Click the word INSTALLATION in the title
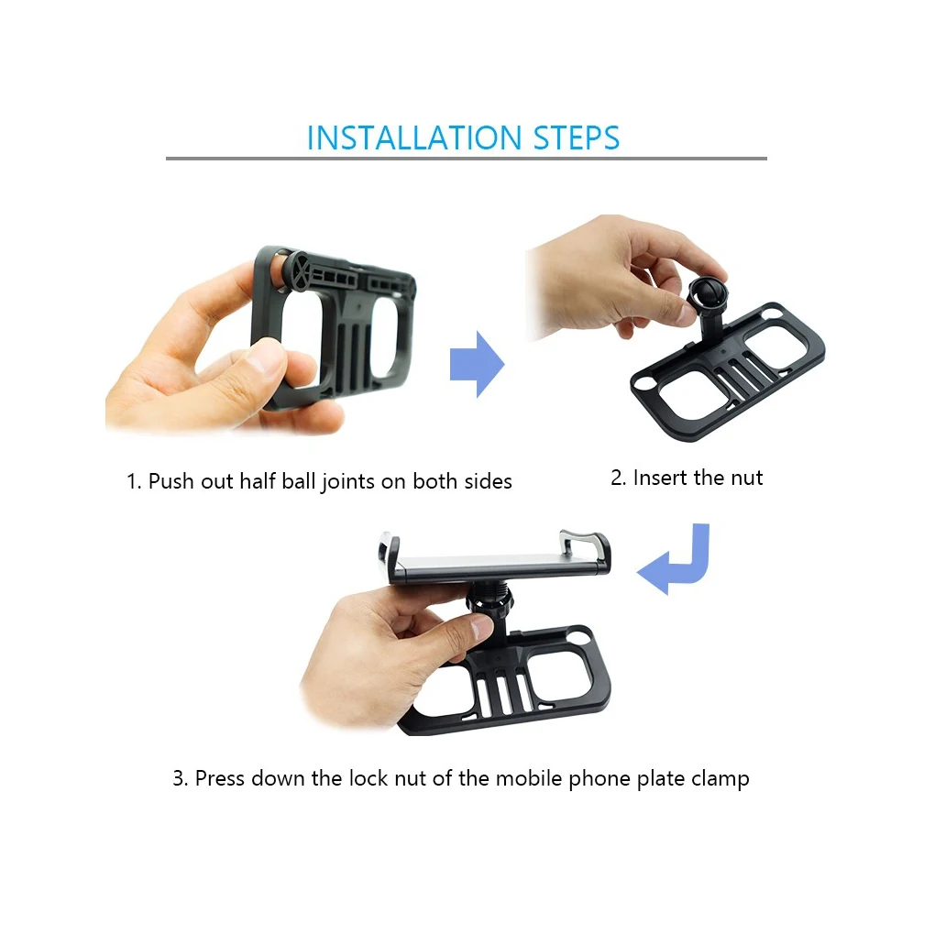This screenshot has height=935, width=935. click(414, 137)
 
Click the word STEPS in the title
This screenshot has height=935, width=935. click(577, 137)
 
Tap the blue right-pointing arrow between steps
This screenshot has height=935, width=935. click(477, 364)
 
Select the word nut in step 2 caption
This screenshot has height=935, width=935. click(746, 478)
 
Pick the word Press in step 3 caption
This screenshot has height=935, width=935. click(220, 778)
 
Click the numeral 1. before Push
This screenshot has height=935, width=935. click(134, 481)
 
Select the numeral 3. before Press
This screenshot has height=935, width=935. click(180, 778)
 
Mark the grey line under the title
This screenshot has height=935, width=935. click(467, 159)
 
